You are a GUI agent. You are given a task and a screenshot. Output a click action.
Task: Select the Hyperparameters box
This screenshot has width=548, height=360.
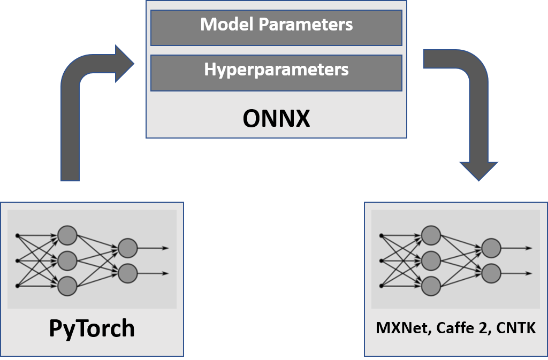(276, 72)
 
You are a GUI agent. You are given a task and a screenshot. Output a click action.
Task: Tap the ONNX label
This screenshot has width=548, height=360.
(276, 119)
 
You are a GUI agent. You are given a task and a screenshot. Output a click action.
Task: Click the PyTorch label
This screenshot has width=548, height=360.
(92, 328)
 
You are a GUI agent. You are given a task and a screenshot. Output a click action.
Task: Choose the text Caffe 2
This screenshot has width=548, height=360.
(462, 328)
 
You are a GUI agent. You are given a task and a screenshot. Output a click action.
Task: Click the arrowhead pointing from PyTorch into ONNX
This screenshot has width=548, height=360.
(124, 64)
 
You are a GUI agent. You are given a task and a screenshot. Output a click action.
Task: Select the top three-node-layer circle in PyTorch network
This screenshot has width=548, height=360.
(67, 235)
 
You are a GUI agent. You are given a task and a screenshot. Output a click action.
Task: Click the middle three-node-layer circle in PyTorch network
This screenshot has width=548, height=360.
(67, 261)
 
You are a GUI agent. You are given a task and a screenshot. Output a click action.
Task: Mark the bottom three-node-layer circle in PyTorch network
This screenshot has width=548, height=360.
(67, 286)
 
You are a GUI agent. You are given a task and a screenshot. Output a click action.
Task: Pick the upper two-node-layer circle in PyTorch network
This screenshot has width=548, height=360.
(128, 248)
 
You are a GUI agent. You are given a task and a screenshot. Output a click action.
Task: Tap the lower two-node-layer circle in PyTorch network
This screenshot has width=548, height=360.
(128, 273)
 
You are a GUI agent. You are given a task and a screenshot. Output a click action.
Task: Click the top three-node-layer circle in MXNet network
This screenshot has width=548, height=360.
(431, 235)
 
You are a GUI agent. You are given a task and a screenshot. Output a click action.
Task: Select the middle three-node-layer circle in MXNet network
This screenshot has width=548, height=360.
(431, 261)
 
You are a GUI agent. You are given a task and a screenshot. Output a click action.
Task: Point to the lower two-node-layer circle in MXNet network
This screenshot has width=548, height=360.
(491, 273)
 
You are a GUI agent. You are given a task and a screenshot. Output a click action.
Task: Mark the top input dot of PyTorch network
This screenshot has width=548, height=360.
(18, 235)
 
